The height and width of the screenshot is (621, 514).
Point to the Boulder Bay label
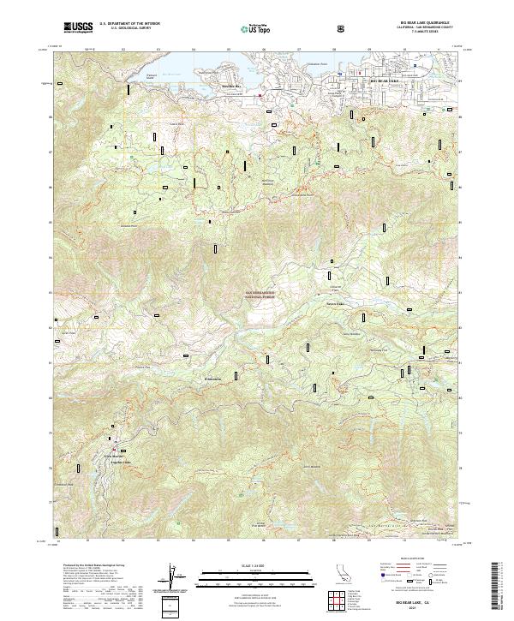233,87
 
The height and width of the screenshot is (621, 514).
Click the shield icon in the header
342,28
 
